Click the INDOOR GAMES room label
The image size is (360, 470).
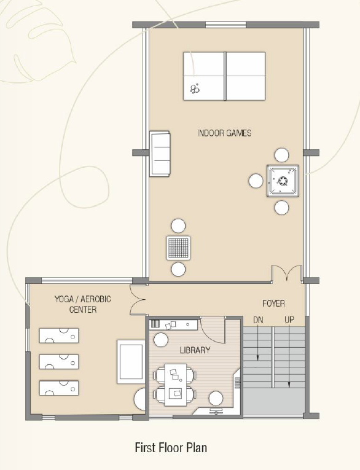(224, 133)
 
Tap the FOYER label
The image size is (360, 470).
(273, 304)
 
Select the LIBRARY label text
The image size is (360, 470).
(195, 350)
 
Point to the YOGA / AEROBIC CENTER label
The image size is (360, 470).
(83, 304)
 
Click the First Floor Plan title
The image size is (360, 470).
(171, 447)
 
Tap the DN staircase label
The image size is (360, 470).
(258, 320)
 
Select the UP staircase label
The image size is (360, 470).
(289, 320)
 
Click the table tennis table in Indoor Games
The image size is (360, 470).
(224, 76)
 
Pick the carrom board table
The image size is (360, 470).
(283, 181)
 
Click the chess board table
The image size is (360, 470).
(178, 248)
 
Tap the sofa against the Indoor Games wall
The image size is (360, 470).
(160, 154)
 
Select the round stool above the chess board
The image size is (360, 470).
(178, 226)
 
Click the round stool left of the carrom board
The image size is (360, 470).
(256, 181)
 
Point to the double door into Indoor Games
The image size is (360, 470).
(286, 273)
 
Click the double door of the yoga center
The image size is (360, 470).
(138, 299)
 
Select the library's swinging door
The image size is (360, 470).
(213, 330)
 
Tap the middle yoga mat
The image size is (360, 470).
(59, 361)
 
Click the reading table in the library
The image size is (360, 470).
(175, 385)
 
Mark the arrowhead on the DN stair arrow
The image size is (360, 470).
(257, 358)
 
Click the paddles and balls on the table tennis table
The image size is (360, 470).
(195, 88)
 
